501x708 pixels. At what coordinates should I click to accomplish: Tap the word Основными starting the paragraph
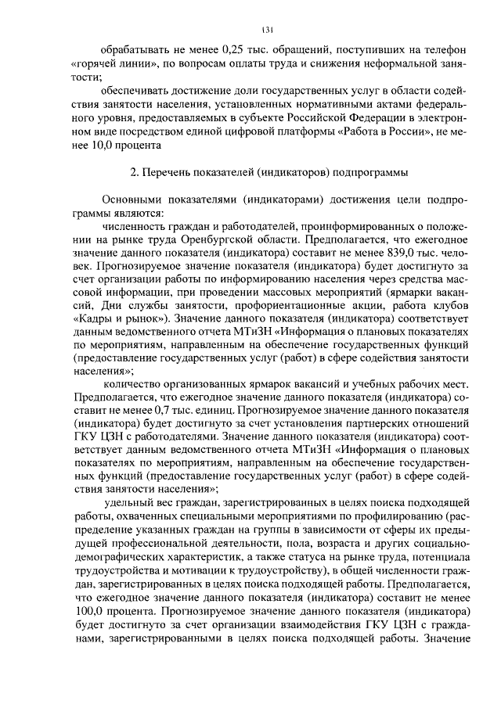coord(134,199)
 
